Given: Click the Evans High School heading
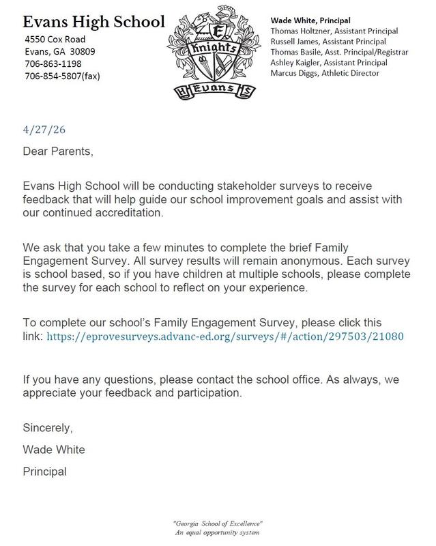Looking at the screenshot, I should (91, 23).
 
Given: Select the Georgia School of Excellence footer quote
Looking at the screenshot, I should (218, 522).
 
